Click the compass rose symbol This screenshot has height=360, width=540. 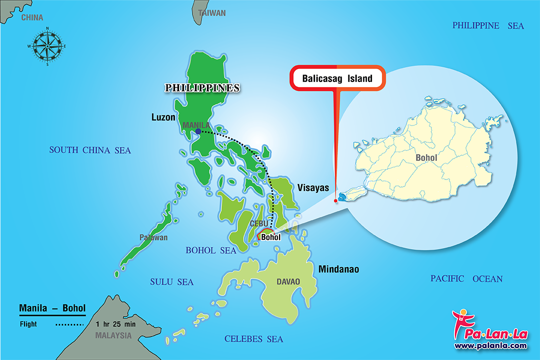47,46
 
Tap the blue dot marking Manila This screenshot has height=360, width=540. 198,131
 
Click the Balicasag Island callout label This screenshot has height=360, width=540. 337,78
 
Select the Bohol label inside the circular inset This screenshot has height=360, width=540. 426,158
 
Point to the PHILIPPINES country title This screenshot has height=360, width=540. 202,88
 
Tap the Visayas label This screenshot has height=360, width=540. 313,188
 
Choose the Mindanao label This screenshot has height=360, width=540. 338,269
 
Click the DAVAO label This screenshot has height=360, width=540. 288,281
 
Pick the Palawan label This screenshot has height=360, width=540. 154,237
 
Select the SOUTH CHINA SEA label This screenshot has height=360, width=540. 90,150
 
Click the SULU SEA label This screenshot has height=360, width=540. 171,282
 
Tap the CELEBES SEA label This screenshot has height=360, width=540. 253,339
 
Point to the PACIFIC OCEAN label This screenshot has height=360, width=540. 466,278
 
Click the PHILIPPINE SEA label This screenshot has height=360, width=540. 488,25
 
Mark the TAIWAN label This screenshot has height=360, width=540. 212,13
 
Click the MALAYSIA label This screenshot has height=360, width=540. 113,335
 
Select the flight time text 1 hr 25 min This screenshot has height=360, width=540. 115,324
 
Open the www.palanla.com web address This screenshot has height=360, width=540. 490,345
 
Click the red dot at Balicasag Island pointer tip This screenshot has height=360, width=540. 335,201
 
